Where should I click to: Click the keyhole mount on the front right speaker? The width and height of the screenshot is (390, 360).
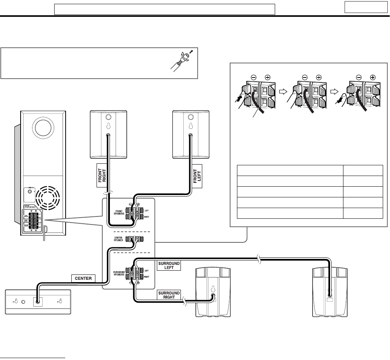click(108, 126)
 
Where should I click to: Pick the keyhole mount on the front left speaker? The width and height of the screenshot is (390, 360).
click(190, 126)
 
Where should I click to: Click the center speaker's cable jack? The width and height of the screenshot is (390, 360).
click(38, 301)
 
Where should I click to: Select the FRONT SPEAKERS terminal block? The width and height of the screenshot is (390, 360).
click(134, 214)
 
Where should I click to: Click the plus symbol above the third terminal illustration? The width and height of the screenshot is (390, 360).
click(373, 77)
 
